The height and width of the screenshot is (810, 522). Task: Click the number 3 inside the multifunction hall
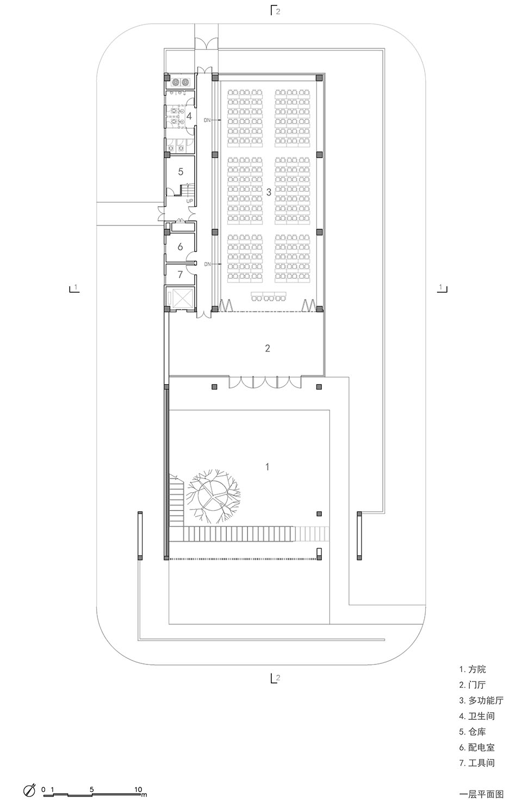[268, 192]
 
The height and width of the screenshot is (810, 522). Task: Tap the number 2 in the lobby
[268, 348]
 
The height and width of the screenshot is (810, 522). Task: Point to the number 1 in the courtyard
[266, 467]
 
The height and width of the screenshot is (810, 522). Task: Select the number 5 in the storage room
[181, 171]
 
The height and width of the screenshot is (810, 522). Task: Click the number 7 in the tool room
[181, 274]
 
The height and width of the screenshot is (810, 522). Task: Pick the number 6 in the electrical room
[181, 246]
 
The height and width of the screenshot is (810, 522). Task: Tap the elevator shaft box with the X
[181, 298]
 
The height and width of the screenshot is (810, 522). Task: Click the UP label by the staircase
[190, 201]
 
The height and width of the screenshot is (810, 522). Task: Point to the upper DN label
[207, 120]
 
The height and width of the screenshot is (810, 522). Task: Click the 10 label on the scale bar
[138, 789]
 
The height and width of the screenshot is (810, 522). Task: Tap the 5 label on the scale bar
[92, 789]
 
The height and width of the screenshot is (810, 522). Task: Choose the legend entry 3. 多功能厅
[481, 701]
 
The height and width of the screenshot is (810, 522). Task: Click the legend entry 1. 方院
[473, 669]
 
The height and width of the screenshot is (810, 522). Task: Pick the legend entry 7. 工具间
[477, 763]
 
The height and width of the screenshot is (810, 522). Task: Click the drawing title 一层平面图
[481, 794]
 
